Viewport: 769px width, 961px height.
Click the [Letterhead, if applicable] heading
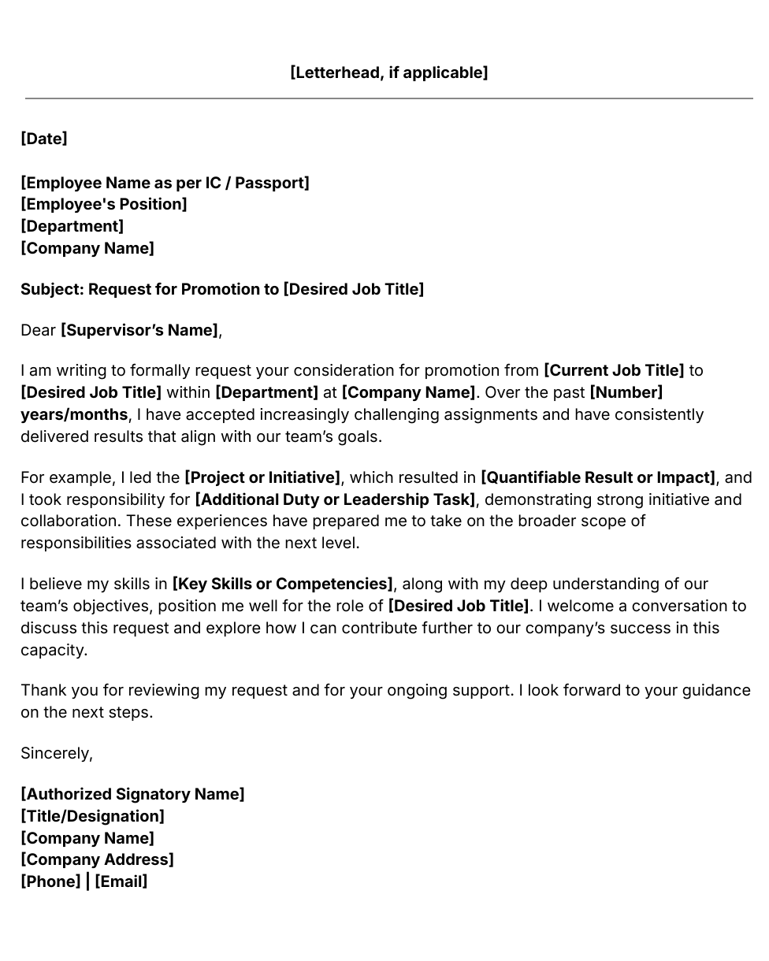(388, 72)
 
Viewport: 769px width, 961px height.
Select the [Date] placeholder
(44, 139)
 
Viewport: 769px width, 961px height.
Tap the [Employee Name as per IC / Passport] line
(165, 183)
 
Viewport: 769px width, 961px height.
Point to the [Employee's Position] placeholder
(104, 204)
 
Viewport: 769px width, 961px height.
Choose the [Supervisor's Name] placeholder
(139, 330)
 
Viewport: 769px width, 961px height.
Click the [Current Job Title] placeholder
(614, 370)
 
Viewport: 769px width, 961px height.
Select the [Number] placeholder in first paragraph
(626, 392)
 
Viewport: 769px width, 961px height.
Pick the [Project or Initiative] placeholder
(262, 477)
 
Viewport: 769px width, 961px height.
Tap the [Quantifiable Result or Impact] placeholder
(598, 477)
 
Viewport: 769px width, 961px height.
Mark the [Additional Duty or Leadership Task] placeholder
(335, 499)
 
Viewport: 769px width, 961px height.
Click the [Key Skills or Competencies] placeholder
(282, 584)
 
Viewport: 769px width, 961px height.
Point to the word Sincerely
(56, 753)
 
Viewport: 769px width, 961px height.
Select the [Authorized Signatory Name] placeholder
(132, 794)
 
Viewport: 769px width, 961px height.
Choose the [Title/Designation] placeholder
(92, 816)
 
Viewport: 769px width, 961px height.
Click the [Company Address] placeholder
(97, 859)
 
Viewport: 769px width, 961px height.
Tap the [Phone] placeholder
(50, 881)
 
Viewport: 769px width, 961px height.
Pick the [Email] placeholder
(121, 881)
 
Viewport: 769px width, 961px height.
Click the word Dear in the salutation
(38, 330)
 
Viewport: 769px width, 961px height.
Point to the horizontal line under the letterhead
(388, 98)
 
